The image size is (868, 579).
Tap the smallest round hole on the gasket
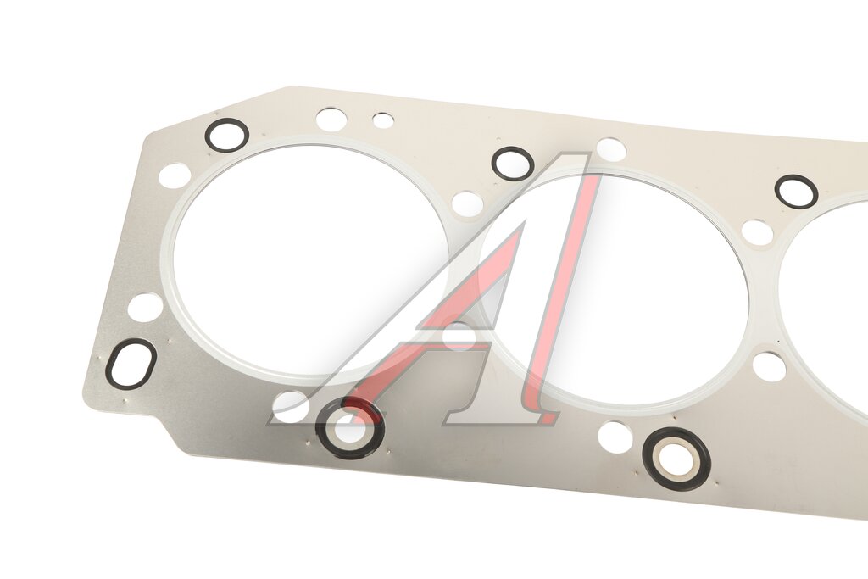click(x=383, y=120)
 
